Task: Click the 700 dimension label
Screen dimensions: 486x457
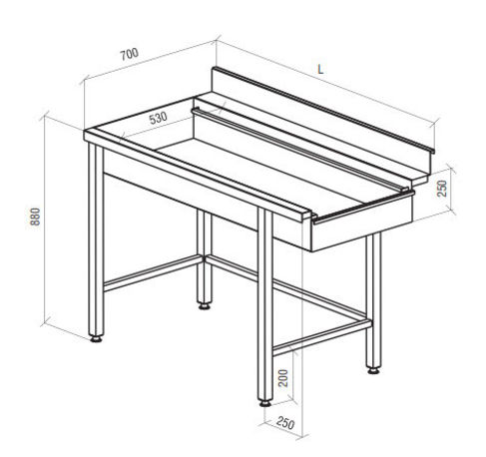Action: [x=129, y=54]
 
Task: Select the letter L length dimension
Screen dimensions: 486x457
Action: [x=320, y=70]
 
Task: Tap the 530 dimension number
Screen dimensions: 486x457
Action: [x=158, y=118]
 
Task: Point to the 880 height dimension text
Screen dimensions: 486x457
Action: [x=35, y=217]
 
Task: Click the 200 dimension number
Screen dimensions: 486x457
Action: [x=283, y=378]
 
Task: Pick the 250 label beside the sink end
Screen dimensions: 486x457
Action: [x=442, y=189]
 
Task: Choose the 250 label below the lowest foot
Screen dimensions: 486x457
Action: [x=285, y=423]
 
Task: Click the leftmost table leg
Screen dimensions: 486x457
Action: [x=96, y=239]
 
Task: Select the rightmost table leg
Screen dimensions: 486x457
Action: [x=373, y=300]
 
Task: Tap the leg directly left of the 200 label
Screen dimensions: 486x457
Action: [x=265, y=304]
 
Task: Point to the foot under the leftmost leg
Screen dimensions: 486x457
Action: [x=96, y=339]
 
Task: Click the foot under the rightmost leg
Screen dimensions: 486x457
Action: [x=373, y=370]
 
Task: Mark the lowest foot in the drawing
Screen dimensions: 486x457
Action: [x=265, y=404]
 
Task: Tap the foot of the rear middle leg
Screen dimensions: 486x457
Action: [x=205, y=306]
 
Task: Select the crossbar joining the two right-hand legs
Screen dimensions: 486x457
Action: [x=321, y=337]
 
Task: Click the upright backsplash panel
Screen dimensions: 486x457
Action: [x=322, y=119]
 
